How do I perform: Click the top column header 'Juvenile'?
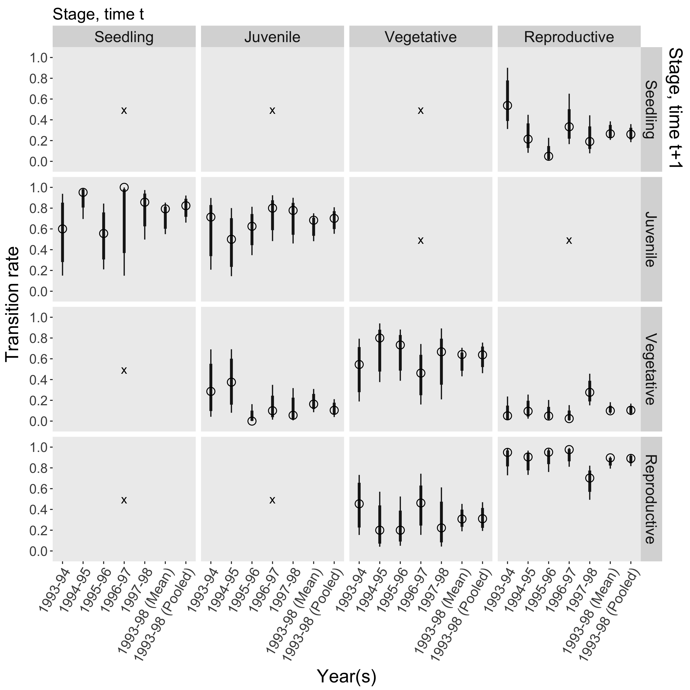[x=272, y=37]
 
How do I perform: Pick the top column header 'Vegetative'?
[x=420, y=37]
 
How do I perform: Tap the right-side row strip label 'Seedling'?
[x=651, y=109]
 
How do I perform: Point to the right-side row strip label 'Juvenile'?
[x=651, y=239]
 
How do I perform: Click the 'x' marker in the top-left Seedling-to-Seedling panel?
[x=124, y=110]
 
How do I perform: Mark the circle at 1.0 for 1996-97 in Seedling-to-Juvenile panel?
[x=124, y=187]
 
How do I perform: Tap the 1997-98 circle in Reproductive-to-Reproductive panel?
[x=590, y=478]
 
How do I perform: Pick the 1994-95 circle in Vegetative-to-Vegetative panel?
[x=380, y=338]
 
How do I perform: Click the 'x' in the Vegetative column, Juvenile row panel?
[x=420, y=240]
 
